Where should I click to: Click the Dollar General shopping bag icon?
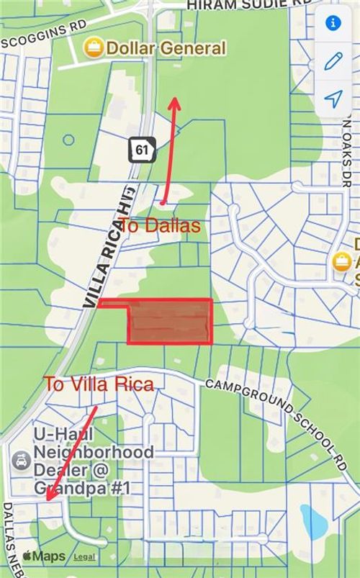93,49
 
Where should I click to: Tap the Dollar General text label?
166,49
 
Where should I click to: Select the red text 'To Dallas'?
159,225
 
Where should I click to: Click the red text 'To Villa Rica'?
99,384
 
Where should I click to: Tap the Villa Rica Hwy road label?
110,245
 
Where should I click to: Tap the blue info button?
333,23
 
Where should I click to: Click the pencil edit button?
333,61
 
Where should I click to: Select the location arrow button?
333,99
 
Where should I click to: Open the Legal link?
84,557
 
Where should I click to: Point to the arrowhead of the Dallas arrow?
174,100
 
